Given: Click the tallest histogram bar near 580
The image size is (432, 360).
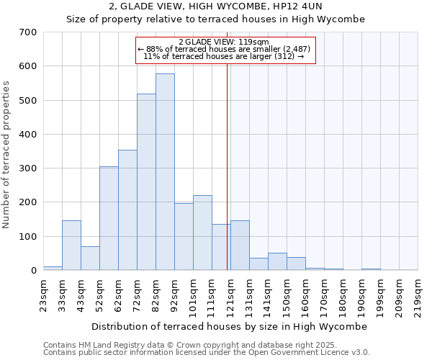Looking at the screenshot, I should [165, 172].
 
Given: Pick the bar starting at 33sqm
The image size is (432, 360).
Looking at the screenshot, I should [71, 246].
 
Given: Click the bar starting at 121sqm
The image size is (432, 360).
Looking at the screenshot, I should [240, 246].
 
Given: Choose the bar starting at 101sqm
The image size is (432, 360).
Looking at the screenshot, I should [202, 233].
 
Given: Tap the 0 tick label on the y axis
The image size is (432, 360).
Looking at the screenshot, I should [33, 271].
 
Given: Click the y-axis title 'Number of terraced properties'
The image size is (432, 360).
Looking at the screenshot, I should [7, 155].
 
